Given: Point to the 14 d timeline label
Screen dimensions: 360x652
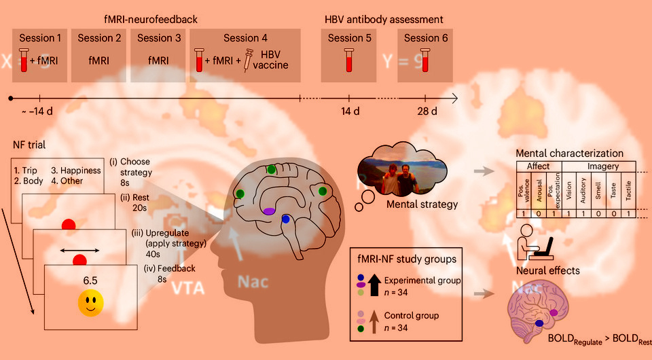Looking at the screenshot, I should click(x=350, y=111).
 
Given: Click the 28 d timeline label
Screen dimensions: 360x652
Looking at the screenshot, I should click(x=426, y=111).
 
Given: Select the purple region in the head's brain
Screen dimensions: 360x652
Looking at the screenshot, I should click(x=270, y=212).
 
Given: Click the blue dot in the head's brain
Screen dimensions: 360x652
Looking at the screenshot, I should click(x=286, y=219).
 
